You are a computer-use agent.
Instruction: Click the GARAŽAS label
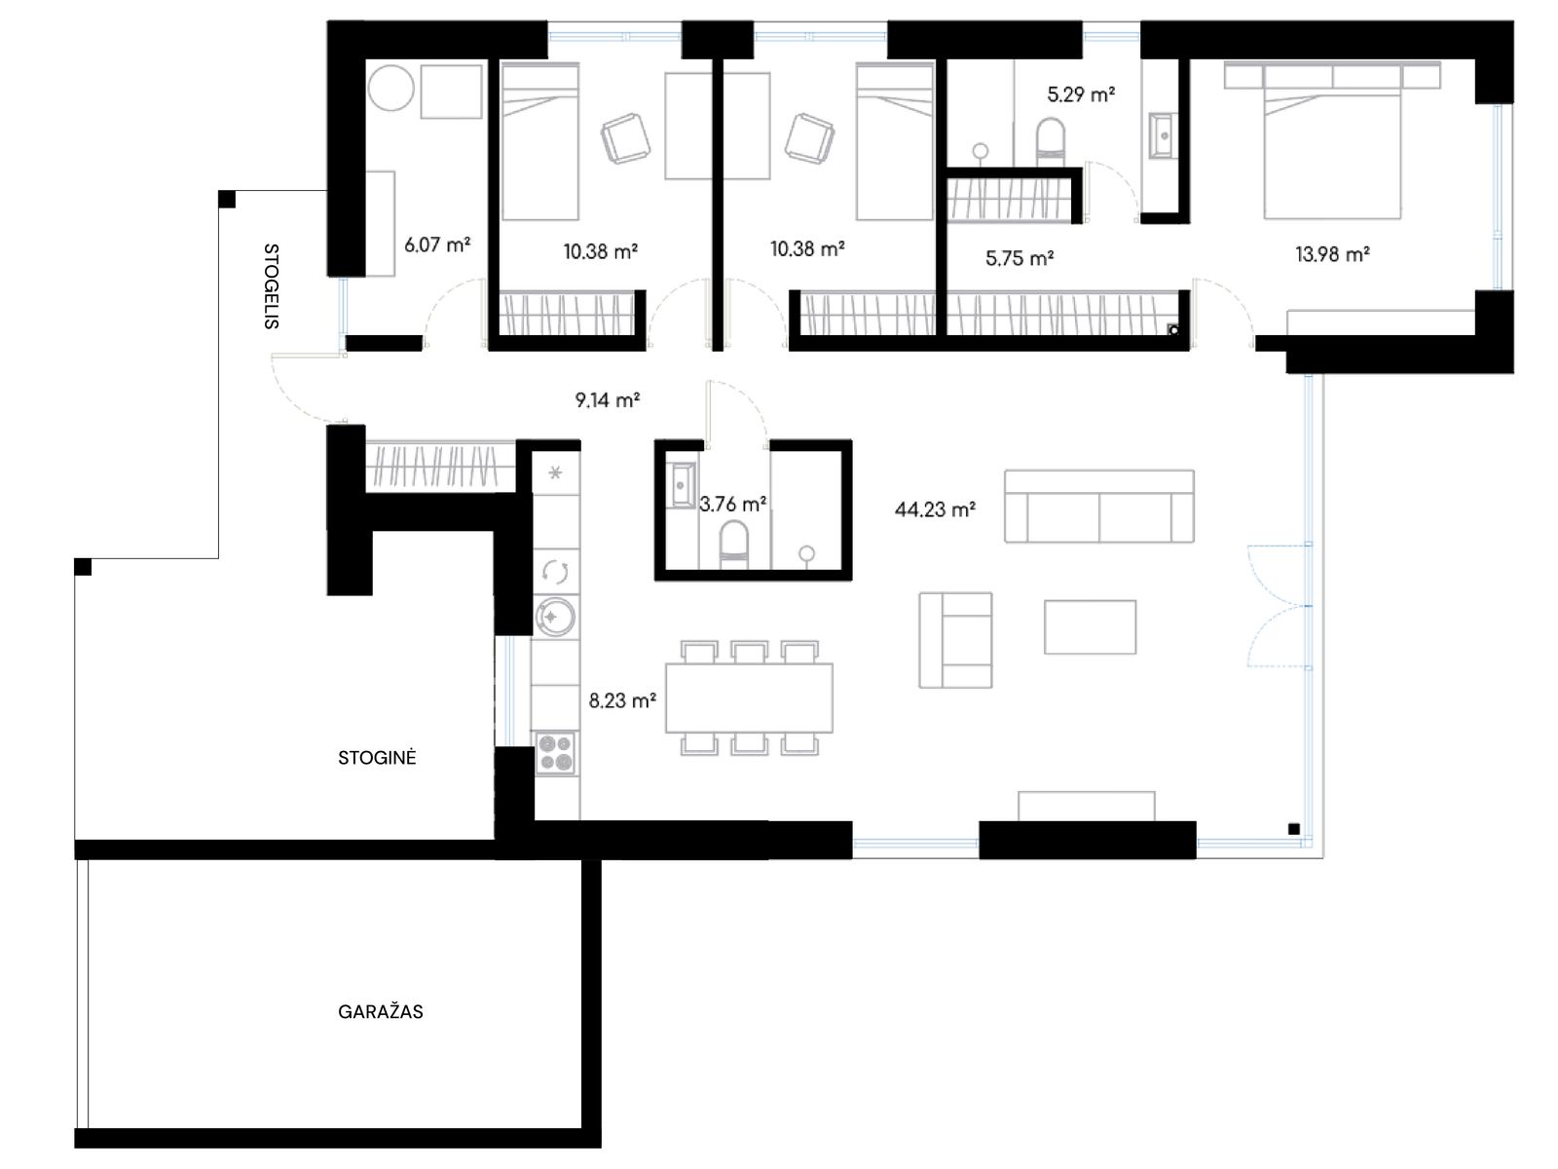381,1011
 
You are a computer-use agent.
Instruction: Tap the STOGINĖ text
377,757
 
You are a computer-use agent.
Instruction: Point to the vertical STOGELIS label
271,286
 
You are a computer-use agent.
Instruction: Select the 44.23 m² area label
935,509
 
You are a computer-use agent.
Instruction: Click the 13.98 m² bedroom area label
1331,254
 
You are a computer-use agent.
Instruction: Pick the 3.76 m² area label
732,504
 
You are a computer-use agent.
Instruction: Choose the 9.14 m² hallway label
608,400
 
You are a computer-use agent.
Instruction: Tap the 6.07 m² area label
437,245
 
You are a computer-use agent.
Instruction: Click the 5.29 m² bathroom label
1081,94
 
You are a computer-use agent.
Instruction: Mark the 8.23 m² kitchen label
622,700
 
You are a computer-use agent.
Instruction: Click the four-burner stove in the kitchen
555,753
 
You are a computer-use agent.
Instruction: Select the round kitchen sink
555,616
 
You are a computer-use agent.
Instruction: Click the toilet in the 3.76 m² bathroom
734,546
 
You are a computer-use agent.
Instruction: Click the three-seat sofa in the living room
1098,506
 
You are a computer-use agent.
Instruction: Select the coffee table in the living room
1090,626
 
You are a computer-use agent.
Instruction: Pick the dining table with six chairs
749,698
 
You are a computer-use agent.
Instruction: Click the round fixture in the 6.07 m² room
390,88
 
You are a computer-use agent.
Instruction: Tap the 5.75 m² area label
1020,258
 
